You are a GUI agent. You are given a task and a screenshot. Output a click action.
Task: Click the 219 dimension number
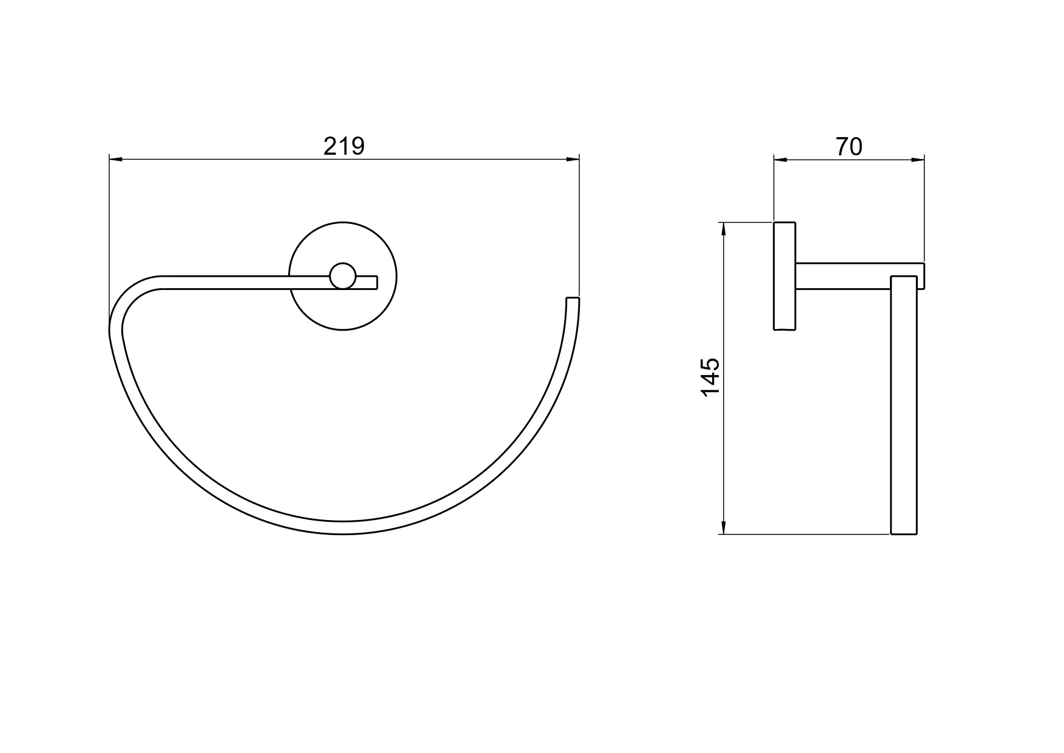click(x=344, y=146)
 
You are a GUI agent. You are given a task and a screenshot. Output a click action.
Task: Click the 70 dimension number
click(x=849, y=146)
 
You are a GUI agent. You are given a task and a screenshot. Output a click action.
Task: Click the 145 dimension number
click(x=710, y=377)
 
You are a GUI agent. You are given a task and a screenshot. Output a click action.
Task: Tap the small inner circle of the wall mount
click(x=343, y=276)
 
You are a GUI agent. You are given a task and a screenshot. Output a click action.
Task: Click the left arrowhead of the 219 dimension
click(x=116, y=160)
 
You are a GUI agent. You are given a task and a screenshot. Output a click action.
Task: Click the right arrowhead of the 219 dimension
click(x=572, y=160)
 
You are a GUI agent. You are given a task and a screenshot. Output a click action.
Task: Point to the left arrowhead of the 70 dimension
click(x=781, y=160)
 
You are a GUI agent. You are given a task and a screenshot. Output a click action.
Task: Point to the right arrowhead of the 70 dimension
click(x=917, y=160)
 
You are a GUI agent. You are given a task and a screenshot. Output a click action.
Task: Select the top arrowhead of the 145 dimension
click(x=722, y=230)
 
